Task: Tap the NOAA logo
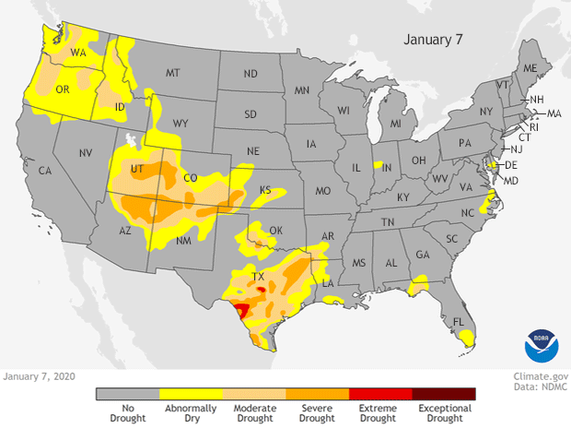[541, 344]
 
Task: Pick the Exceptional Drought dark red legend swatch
[443, 394]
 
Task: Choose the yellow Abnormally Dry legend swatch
[190, 394]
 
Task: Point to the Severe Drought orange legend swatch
[317, 394]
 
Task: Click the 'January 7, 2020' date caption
[39, 376]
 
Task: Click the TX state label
[259, 276]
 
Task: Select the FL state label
[455, 322]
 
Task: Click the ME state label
[530, 68]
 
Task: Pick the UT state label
[136, 172]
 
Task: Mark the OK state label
[274, 231]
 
